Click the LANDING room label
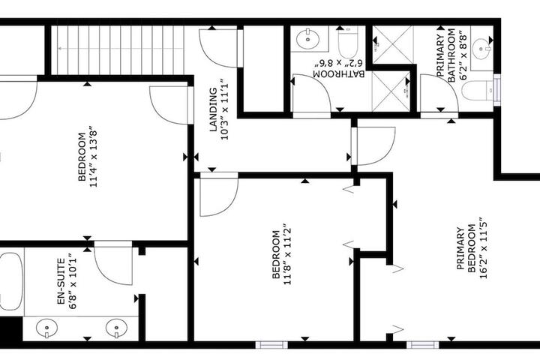(214, 109)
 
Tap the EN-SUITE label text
(61, 281)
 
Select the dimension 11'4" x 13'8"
(94, 158)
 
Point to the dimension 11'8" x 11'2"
(287, 256)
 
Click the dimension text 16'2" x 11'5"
(483, 247)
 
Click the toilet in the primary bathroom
(478, 91)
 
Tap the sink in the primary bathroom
(481, 49)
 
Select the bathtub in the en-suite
(11, 281)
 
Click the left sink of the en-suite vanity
(46, 328)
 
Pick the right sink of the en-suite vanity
(117, 328)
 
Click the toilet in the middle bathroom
(348, 43)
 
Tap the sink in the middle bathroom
(307, 39)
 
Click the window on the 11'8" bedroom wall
(271, 344)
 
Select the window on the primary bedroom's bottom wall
(423, 344)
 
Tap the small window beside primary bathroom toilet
(496, 90)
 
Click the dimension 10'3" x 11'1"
(225, 109)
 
